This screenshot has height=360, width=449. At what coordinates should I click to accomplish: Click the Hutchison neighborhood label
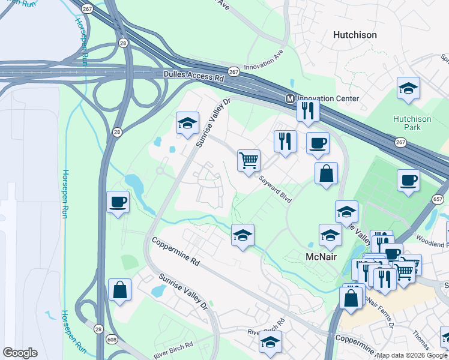point(355,35)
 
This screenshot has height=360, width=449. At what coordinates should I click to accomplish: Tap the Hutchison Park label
point(412,124)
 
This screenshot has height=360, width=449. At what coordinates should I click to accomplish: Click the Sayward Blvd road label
point(276,188)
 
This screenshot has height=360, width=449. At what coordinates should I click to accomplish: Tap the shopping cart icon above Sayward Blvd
point(249,160)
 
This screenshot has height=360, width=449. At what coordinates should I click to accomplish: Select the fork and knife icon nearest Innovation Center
point(308,110)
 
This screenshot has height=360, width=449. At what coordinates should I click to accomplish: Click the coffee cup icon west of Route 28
point(118,202)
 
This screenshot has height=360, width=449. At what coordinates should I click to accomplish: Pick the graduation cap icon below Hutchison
point(408,88)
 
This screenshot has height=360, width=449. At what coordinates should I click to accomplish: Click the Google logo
point(20,353)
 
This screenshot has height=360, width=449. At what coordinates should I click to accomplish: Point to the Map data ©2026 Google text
point(412,355)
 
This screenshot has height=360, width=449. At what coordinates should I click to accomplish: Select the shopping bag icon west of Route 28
point(120,289)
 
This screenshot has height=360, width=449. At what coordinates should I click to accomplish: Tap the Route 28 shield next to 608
point(97,328)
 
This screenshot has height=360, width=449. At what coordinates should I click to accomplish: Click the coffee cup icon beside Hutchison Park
point(408,180)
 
